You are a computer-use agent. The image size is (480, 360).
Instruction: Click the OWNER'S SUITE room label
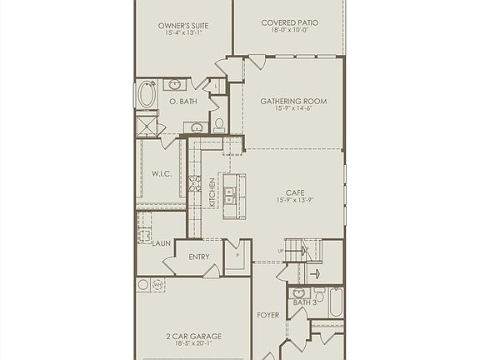[x=183, y=26]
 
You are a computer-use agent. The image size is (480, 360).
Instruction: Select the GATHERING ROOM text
[x=293, y=102]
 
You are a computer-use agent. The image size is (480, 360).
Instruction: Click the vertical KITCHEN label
[x=212, y=192]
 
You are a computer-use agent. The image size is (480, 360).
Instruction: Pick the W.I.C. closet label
[x=161, y=174]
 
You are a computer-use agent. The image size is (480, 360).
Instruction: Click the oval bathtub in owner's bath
[x=147, y=93]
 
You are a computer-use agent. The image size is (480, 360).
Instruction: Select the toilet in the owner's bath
[x=219, y=125]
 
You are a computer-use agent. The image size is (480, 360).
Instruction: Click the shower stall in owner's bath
[x=148, y=126]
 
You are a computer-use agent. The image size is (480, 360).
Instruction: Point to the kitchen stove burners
[x=194, y=184]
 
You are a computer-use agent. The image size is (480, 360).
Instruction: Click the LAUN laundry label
[x=162, y=243]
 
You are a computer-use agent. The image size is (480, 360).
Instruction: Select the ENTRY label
[x=199, y=257]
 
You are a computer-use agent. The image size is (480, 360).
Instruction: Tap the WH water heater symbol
[x=157, y=285]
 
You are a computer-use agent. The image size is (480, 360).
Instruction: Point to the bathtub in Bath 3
[x=335, y=302]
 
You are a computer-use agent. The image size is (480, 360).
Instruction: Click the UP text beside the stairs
[x=281, y=249]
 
